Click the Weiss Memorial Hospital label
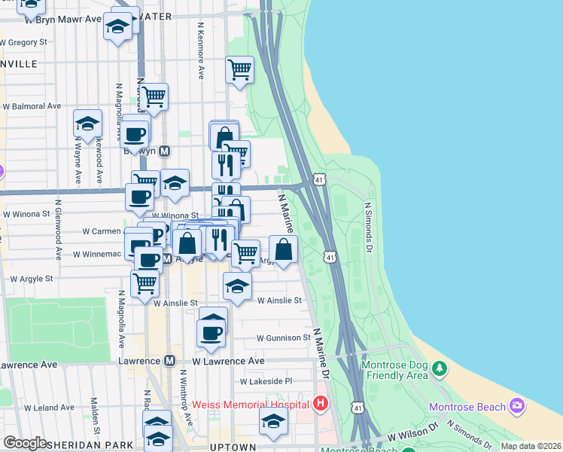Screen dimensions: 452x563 pos(251,405)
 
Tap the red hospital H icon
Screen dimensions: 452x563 pos(321,405)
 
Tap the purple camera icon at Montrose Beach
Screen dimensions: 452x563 pos(517,406)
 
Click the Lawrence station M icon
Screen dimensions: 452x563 pos(169,362)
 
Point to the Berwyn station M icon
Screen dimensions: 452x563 pos(165,151)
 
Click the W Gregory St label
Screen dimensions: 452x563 pos(24,42)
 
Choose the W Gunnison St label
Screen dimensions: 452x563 pos(283,338)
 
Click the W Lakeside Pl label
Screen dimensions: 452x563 pos(266,382)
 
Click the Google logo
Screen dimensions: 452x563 pos(26,443)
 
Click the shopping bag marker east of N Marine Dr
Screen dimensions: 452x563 pos(283,249)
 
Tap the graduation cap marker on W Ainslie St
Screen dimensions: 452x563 pos(237,286)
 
